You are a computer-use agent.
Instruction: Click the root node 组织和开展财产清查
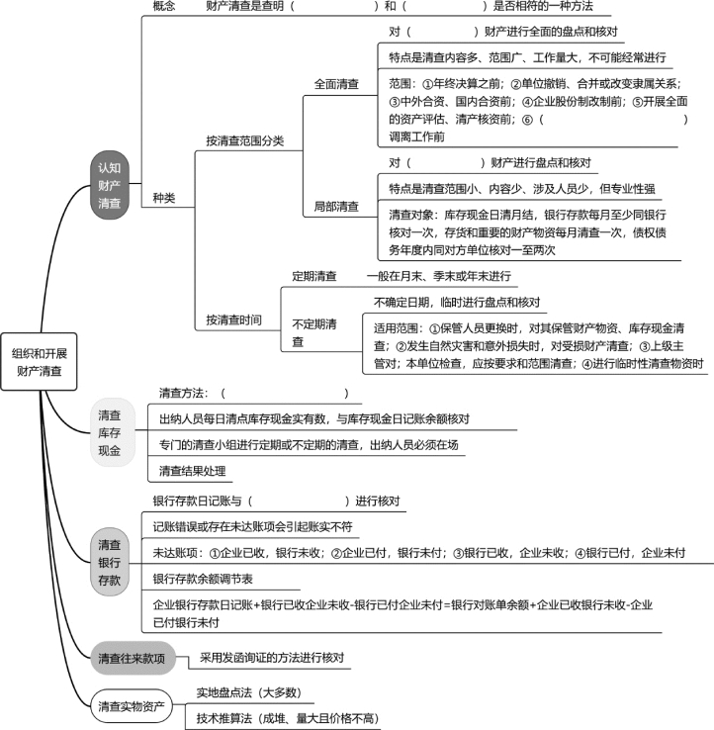point(40,362)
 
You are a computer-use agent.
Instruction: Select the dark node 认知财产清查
point(110,185)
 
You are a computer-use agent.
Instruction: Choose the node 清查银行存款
point(110,563)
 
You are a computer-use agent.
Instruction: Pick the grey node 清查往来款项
point(133,658)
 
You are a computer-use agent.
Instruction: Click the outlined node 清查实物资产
point(132,706)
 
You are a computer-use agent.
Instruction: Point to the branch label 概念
point(164,6)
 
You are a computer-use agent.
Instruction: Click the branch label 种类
point(164,198)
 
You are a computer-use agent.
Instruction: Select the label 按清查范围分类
point(245,140)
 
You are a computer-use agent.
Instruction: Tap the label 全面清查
point(336,84)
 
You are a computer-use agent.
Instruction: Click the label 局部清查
point(336,207)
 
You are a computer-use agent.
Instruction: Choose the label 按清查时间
point(233,319)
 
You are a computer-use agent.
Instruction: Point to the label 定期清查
point(314,276)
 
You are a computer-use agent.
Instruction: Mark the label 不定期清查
point(314,332)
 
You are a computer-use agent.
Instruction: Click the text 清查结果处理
point(192,471)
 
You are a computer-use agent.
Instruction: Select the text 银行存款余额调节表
point(203,579)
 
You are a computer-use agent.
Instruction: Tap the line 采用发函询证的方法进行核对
point(272,658)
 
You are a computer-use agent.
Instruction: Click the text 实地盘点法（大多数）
point(248,692)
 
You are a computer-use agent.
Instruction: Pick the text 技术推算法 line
point(287,718)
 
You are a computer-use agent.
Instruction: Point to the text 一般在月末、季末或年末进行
point(438,276)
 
